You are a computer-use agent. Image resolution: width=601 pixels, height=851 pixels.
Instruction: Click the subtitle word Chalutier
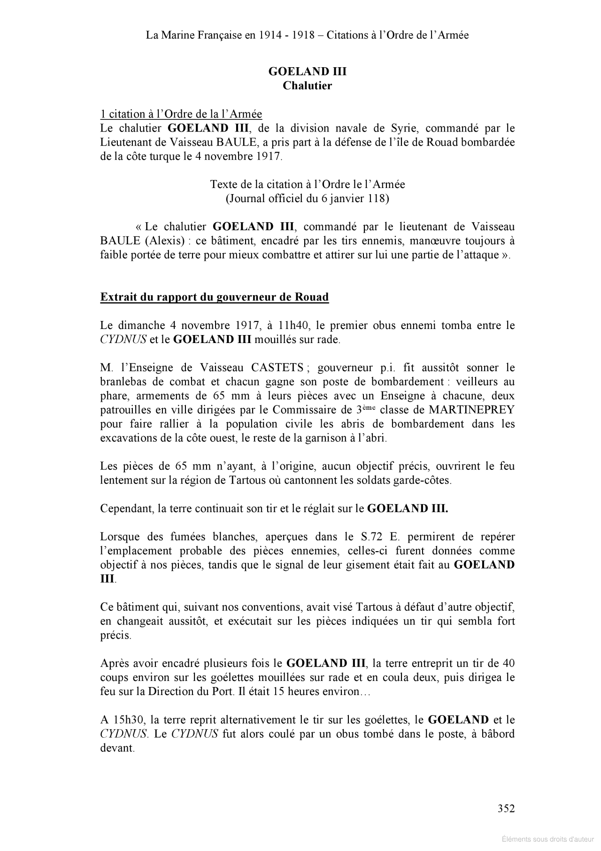point(307,86)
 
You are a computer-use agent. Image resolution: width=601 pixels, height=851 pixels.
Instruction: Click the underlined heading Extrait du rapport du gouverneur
point(214,297)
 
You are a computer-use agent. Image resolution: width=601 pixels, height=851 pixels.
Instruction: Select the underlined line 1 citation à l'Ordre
point(181,114)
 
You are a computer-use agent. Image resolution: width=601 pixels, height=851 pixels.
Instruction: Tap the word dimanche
point(145,325)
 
